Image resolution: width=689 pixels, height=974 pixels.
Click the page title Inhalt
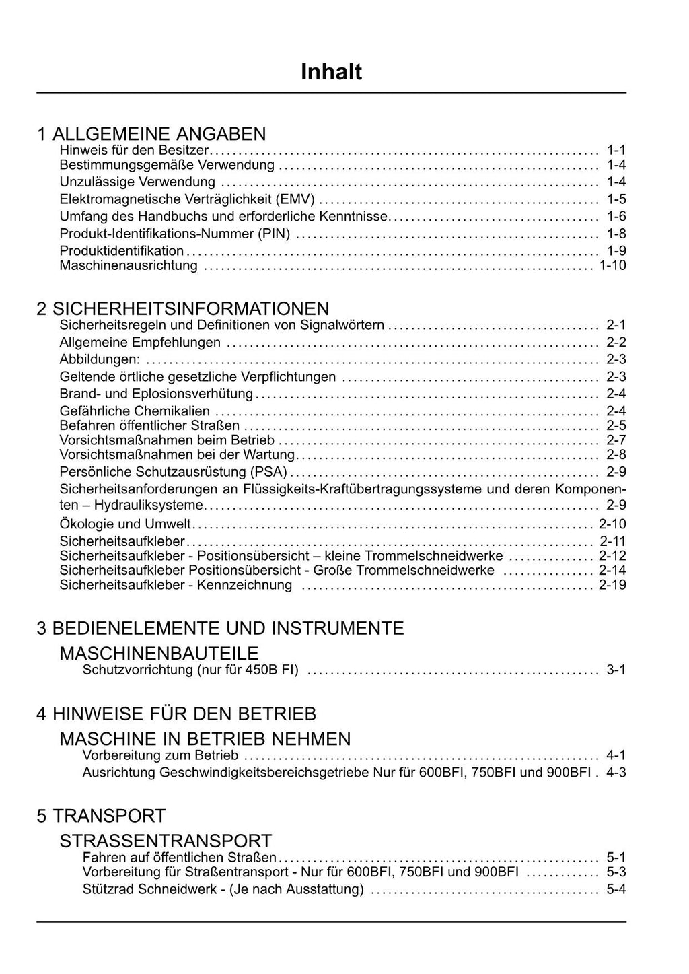point(331,72)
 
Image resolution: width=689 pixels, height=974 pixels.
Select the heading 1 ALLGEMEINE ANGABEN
point(151,133)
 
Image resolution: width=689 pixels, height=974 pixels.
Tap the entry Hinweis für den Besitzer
point(135,149)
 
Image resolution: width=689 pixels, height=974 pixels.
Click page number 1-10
point(612,265)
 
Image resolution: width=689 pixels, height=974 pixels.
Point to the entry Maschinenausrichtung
point(129,265)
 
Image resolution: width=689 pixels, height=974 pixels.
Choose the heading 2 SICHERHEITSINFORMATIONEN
point(183,308)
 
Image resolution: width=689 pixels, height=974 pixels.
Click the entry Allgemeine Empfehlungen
point(140,342)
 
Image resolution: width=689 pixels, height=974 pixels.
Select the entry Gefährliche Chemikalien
point(135,411)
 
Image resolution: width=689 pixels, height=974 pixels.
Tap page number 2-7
point(616,440)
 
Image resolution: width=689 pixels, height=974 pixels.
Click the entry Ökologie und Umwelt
point(125,524)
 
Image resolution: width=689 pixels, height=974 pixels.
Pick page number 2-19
point(612,585)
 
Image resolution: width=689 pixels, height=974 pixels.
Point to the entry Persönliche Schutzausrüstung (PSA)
point(173,471)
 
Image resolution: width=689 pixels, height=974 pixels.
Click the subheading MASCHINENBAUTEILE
point(159,653)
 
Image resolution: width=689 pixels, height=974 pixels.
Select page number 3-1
point(616,670)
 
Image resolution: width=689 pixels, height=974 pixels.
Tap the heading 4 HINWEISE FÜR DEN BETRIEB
point(176,714)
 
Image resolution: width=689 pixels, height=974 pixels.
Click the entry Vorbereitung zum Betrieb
point(160,755)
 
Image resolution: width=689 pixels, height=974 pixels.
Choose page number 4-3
point(616,772)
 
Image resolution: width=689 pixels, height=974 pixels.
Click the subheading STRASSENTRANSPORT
point(166,841)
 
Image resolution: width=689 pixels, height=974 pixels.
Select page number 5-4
point(616,889)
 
